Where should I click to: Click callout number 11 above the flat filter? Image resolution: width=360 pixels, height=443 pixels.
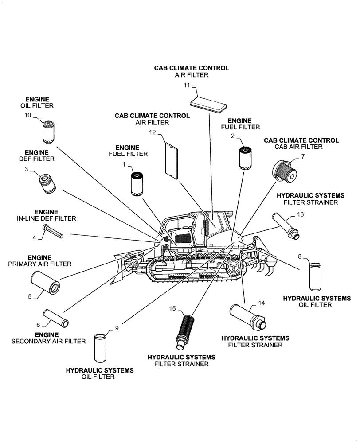click(x=187, y=85)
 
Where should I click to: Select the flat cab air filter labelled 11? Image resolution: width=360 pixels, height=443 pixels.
click(x=208, y=104)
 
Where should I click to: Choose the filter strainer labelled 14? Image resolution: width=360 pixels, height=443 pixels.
click(x=247, y=316)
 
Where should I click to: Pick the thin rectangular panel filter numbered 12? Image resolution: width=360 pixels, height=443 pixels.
click(x=171, y=159)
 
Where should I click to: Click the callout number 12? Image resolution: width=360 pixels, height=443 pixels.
click(x=153, y=132)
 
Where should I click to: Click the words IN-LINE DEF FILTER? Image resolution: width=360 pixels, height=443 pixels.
click(x=47, y=218)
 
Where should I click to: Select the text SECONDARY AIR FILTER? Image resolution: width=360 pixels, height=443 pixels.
click(x=47, y=341)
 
